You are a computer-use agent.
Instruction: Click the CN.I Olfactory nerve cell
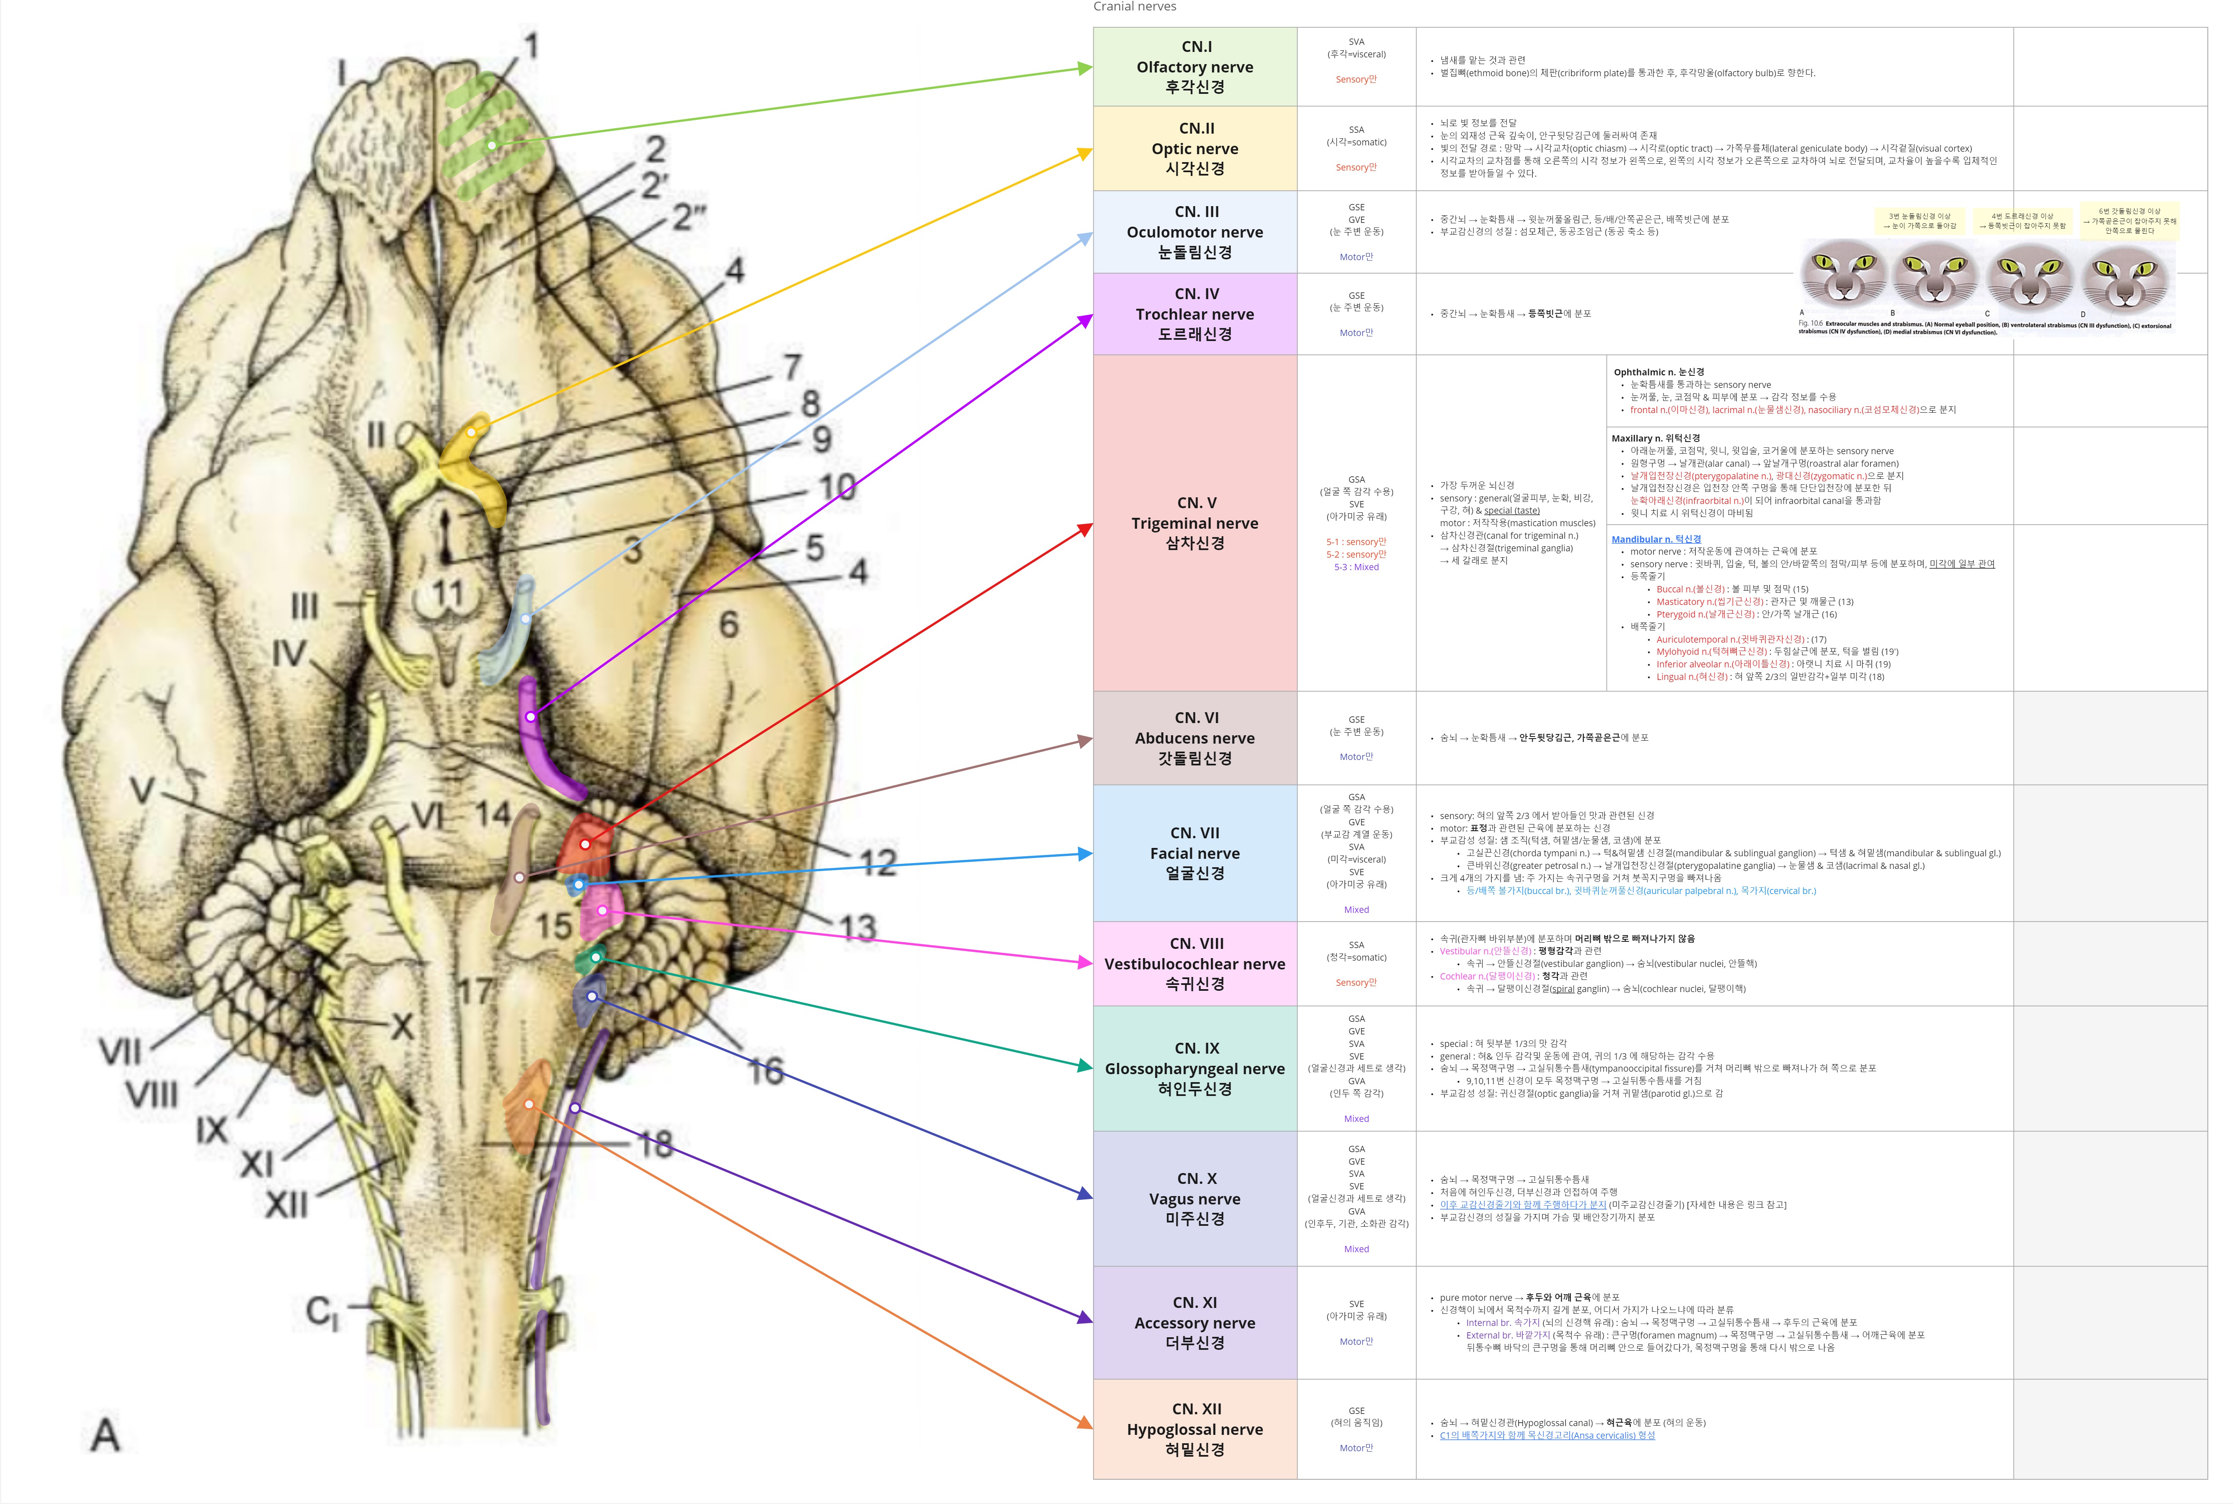[x=1195, y=66]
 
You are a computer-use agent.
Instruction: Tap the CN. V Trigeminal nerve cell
[x=1195, y=523]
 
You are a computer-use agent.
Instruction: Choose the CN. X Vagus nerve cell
[x=1195, y=1198]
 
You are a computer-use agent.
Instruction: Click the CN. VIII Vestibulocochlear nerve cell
[x=1195, y=963]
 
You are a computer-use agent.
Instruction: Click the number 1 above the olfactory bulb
[x=530, y=46]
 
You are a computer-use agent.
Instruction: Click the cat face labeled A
[x=1842, y=274]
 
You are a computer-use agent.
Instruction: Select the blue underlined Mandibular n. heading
[x=1656, y=539]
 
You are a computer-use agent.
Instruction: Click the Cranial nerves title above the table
[x=1134, y=7]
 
